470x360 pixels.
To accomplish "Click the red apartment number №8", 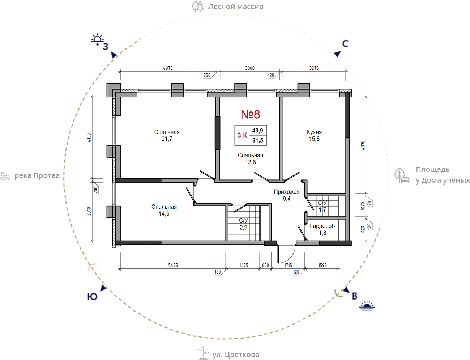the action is coord(250,114).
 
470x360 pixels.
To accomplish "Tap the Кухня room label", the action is coord(314,132).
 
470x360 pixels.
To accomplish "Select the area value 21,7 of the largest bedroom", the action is coord(167,139).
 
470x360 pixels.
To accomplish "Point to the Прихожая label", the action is coord(286,192).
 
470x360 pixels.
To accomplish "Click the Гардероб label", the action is coord(322,226).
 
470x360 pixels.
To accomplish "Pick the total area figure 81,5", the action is coord(257,140).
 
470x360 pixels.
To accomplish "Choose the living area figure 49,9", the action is coord(257,130).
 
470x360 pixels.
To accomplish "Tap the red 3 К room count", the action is coord(242,135).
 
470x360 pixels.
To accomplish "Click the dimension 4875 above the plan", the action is coord(168,68).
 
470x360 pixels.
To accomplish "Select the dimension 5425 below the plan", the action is coord(173,265).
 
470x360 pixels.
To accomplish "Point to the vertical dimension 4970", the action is coord(363,145).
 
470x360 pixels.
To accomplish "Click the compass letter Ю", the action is coord(92,297).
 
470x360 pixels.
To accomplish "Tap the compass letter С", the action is coord(345,44).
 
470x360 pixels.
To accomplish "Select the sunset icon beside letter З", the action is coord(97,39).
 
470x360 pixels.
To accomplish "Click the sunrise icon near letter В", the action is coord(367,306).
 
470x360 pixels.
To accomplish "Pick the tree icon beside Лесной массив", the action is coord(198,7).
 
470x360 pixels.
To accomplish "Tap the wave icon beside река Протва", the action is coord(5,176).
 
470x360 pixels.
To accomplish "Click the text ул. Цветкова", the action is coord(235,355).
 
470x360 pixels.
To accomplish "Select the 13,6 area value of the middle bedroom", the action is coord(250,162).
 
